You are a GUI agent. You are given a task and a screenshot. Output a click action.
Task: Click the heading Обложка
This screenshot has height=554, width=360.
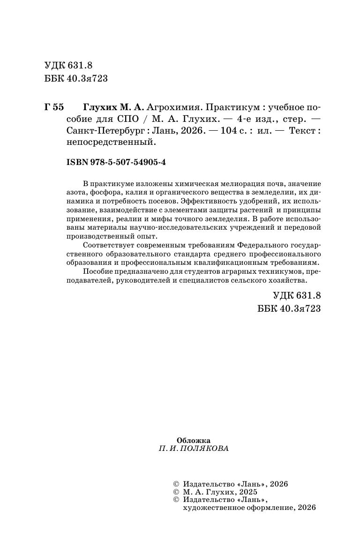click(194, 440)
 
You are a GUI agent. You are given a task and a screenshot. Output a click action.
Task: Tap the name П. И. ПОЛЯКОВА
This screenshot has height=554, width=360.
click(194, 449)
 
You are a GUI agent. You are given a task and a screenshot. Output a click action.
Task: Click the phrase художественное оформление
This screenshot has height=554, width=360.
click(238, 507)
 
